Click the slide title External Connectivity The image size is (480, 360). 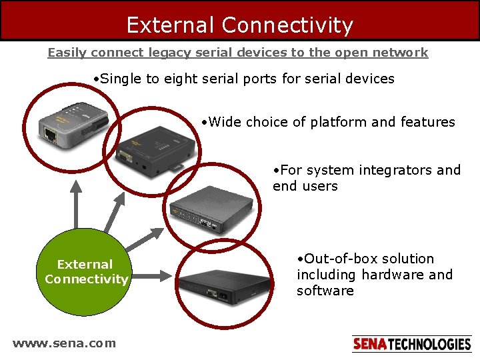point(239,25)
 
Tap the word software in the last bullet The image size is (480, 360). point(325,291)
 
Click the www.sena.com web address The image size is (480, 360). point(64,343)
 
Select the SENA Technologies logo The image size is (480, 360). point(411,344)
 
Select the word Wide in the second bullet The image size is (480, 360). point(225,122)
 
